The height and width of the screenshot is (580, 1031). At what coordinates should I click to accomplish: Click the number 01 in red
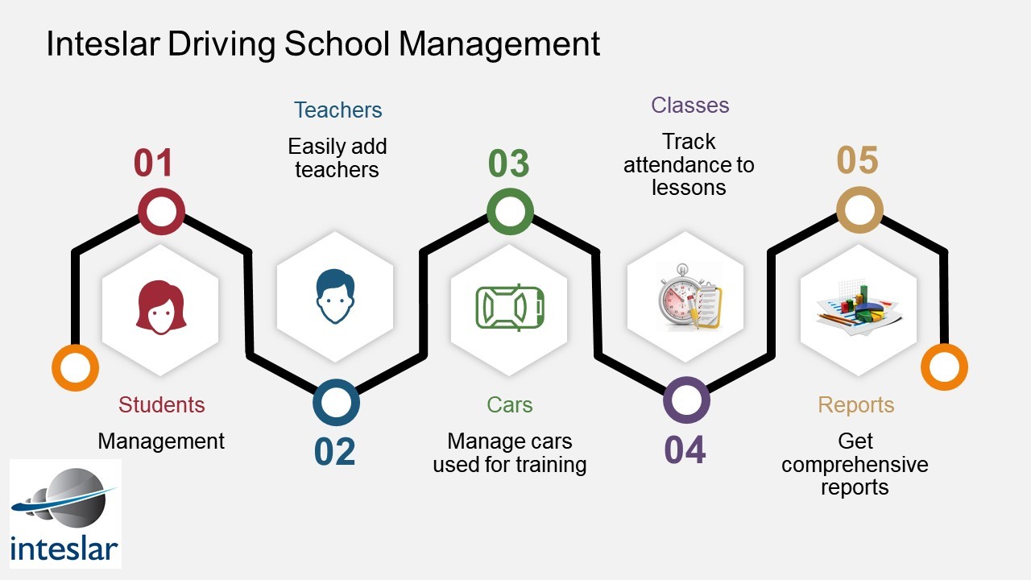(x=153, y=163)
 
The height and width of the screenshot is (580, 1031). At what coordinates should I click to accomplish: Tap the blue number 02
(x=334, y=452)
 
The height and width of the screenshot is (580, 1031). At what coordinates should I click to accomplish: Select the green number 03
(x=508, y=163)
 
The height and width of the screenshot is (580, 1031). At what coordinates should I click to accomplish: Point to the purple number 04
(x=685, y=449)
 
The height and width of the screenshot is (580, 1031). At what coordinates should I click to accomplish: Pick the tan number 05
(x=858, y=160)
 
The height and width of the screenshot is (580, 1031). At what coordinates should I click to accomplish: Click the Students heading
(x=162, y=405)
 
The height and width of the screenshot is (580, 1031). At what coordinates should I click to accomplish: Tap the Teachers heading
(x=337, y=110)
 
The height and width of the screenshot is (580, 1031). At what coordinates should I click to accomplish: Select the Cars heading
(x=510, y=405)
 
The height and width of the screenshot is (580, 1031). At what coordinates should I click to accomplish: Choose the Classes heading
(x=690, y=105)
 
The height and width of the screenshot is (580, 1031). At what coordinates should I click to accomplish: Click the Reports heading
(x=856, y=405)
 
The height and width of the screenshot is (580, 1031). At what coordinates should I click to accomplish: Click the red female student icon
(x=161, y=308)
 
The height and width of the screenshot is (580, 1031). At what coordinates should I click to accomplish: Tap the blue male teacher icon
(x=335, y=296)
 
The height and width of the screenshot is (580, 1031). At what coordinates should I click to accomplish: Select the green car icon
(x=510, y=308)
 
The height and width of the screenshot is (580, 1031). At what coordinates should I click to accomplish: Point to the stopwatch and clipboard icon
(x=689, y=297)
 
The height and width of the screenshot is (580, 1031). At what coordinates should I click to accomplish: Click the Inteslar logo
(x=65, y=514)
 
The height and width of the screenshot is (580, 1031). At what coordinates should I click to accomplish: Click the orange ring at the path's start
(x=75, y=368)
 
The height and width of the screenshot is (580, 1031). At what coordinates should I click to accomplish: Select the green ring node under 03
(x=510, y=211)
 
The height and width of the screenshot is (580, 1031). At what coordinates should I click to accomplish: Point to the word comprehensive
(x=855, y=465)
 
